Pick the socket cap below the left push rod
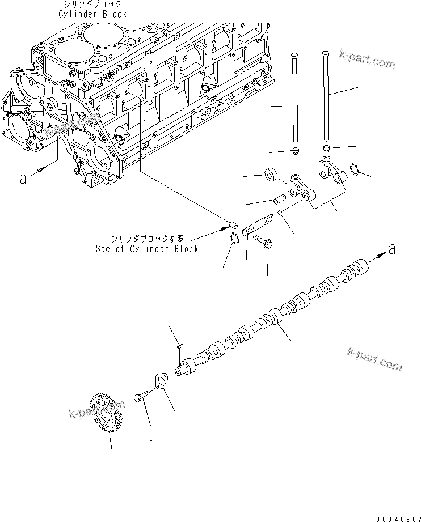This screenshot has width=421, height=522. point(295,150)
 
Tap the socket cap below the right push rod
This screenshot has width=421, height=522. point(327,148)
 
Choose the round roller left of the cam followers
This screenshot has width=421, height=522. point(270,174)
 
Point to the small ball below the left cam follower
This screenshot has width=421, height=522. point(280,213)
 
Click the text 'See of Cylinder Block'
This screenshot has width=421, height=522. point(147,249)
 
